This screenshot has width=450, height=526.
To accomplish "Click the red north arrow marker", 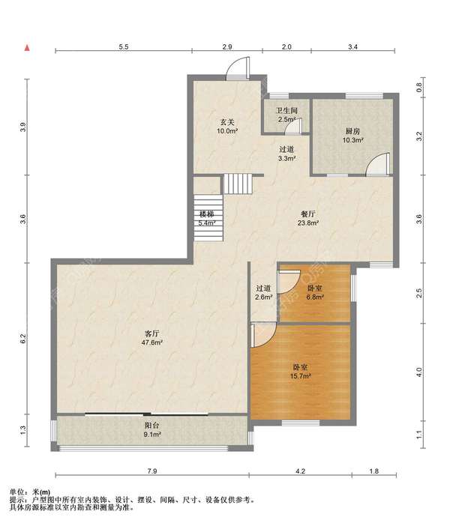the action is click(x=27, y=48).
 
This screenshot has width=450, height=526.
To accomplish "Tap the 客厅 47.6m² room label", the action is click(x=151, y=338).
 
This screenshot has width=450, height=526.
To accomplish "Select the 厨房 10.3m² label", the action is click(x=352, y=136).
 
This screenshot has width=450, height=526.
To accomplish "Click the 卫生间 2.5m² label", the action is click(x=286, y=115).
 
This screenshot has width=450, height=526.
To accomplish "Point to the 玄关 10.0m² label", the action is click(x=227, y=127).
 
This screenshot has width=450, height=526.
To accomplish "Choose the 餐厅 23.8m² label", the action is click(x=308, y=218).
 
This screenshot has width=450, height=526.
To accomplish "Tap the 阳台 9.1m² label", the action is click(x=151, y=430).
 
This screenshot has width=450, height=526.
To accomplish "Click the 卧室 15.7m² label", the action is click(x=300, y=372).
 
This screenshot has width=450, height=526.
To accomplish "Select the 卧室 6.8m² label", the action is click(x=315, y=292).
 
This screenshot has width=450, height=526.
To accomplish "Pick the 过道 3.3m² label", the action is click(x=286, y=154).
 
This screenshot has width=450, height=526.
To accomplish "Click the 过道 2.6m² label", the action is click(x=263, y=292).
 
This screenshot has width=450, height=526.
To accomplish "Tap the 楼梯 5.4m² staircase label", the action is click(x=206, y=218).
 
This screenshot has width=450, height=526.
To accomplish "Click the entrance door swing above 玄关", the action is click(x=238, y=68).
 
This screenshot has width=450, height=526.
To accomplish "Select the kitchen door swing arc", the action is click(x=378, y=164).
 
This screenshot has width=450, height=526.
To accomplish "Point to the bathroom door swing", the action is click(x=293, y=127).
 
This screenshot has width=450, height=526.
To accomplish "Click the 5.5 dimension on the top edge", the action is click(x=124, y=46).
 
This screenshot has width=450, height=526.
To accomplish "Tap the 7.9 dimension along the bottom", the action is click(x=151, y=471).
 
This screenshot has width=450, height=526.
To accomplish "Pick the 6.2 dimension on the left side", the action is click(x=22, y=339).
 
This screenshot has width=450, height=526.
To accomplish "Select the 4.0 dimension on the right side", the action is click(x=418, y=372).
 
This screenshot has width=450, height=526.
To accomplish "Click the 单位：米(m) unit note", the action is click(x=30, y=492).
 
